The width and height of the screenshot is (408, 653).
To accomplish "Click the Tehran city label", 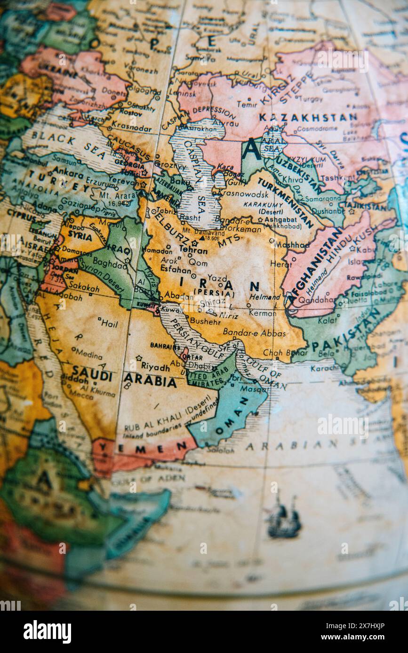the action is (x=193, y=250).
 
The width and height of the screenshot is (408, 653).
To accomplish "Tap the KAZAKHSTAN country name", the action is (x=308, y=117).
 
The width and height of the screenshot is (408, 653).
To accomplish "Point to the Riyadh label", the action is (x=155, y=366).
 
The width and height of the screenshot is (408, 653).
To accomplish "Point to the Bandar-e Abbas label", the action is (x=254, y=333).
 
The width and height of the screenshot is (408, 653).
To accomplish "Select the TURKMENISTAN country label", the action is (x=285, y=202).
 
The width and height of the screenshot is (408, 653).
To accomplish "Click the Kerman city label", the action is (x=262, y=313).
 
